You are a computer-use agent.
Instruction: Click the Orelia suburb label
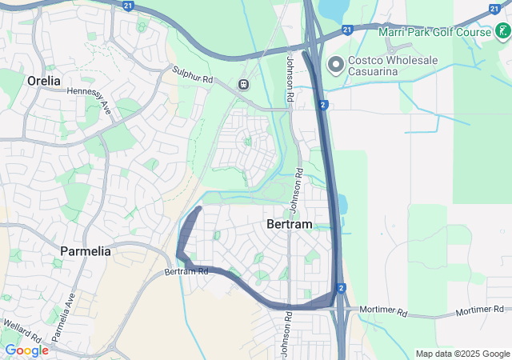43,81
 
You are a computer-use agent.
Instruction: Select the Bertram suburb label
288,226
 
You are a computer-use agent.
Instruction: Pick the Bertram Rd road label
186,272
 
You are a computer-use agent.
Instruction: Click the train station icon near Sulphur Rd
242,84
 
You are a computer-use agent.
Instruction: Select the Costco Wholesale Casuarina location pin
334,63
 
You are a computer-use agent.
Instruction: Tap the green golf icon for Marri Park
501,33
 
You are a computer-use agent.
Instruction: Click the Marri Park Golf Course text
446,32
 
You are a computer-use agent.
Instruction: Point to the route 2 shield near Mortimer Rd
341,288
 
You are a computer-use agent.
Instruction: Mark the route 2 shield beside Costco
321,104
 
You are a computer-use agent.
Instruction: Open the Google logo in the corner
26,350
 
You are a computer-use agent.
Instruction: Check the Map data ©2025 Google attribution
462,354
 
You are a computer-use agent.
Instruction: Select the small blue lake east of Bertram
342,205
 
